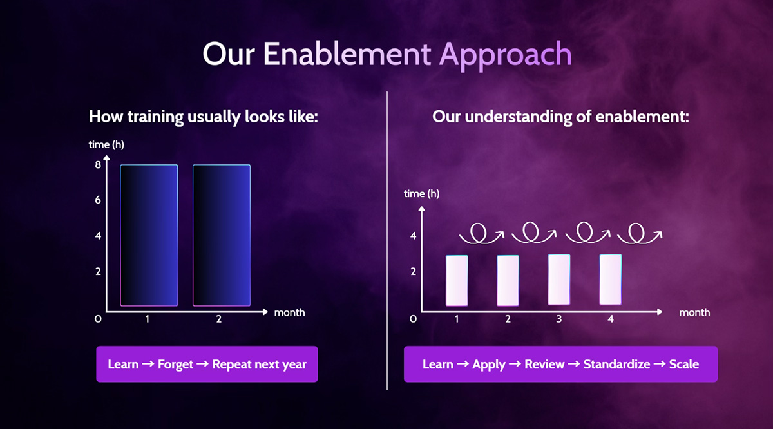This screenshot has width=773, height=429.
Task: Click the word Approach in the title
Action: pyautogui.click(x=506, y=55)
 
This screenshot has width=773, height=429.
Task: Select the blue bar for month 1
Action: pyautogui.click(x=149, y=235)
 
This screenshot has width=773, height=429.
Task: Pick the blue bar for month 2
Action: pyautogui.click(x=222, y=235)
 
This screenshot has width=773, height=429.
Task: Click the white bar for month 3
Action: pyautogui.click(x=559, y=280)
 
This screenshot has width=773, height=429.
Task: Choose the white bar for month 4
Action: pyautogui.click(x=611, y=280)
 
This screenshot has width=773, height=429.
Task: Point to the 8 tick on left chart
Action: pyautogui.click(x=98, y=165)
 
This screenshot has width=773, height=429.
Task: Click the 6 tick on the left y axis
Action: pyautogui.click(x=98, y=200)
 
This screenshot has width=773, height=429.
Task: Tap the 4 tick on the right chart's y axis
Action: pyautogui.click(x=413, y=236)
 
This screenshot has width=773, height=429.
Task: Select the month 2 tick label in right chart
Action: pyautogui.click(x=508, y=319)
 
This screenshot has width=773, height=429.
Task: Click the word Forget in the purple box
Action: pyautogui.click(x=175, y=365)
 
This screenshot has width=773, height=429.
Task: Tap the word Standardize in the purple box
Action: pyautogui.click(x=616, y=364)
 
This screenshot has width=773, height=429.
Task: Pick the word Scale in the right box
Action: pyautogui.click(x=684, y=364)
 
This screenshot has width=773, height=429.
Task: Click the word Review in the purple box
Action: pyautogui.click(x=544, y=364)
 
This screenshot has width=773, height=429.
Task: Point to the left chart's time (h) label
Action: pyautogui.click(x=106, y=144)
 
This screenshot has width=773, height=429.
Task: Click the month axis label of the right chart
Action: pyautogui.click(x=694, y=312)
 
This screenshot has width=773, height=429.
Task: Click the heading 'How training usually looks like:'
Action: pyautogui.click(x=204, y=117)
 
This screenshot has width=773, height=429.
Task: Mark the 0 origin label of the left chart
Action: pyautogui.click(x=98, y=319)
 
